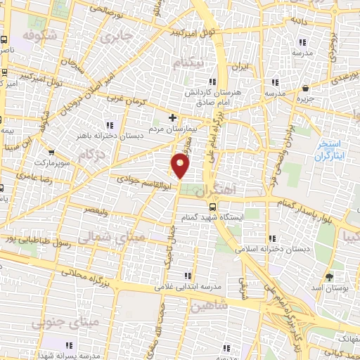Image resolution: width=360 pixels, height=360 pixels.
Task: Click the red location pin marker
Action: pyautogui.click(x=181, y=166)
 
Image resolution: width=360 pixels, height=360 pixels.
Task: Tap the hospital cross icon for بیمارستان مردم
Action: pyautogui.click(x=173, y=117)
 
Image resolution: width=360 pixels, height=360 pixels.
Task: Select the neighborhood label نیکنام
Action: pyautogui.click(x=191, y=63)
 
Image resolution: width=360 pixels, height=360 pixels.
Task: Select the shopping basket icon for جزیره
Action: pyautogui.click(x=306, y=89)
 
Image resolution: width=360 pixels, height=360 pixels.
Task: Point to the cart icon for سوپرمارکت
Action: pyautogui.click(x=51, y=150)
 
